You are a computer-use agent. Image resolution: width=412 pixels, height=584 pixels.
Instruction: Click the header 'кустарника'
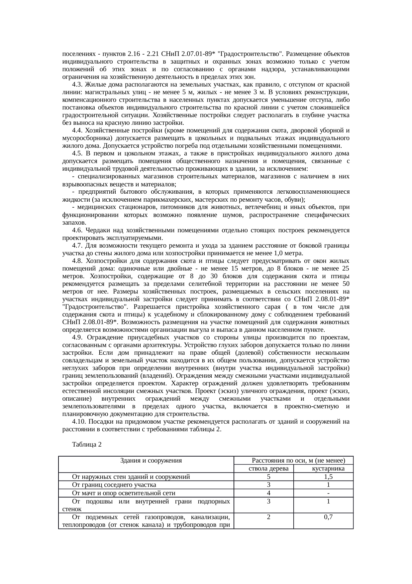coord(328,469)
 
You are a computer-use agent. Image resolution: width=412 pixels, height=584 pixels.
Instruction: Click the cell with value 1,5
coord(328,477)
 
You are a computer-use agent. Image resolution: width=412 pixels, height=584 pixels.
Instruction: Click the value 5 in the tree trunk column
coord(268,477)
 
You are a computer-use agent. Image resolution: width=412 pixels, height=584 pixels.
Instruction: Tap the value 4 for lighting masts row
coord(268,493)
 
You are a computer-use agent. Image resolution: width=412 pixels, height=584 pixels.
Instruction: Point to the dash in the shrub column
coord(328,493)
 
